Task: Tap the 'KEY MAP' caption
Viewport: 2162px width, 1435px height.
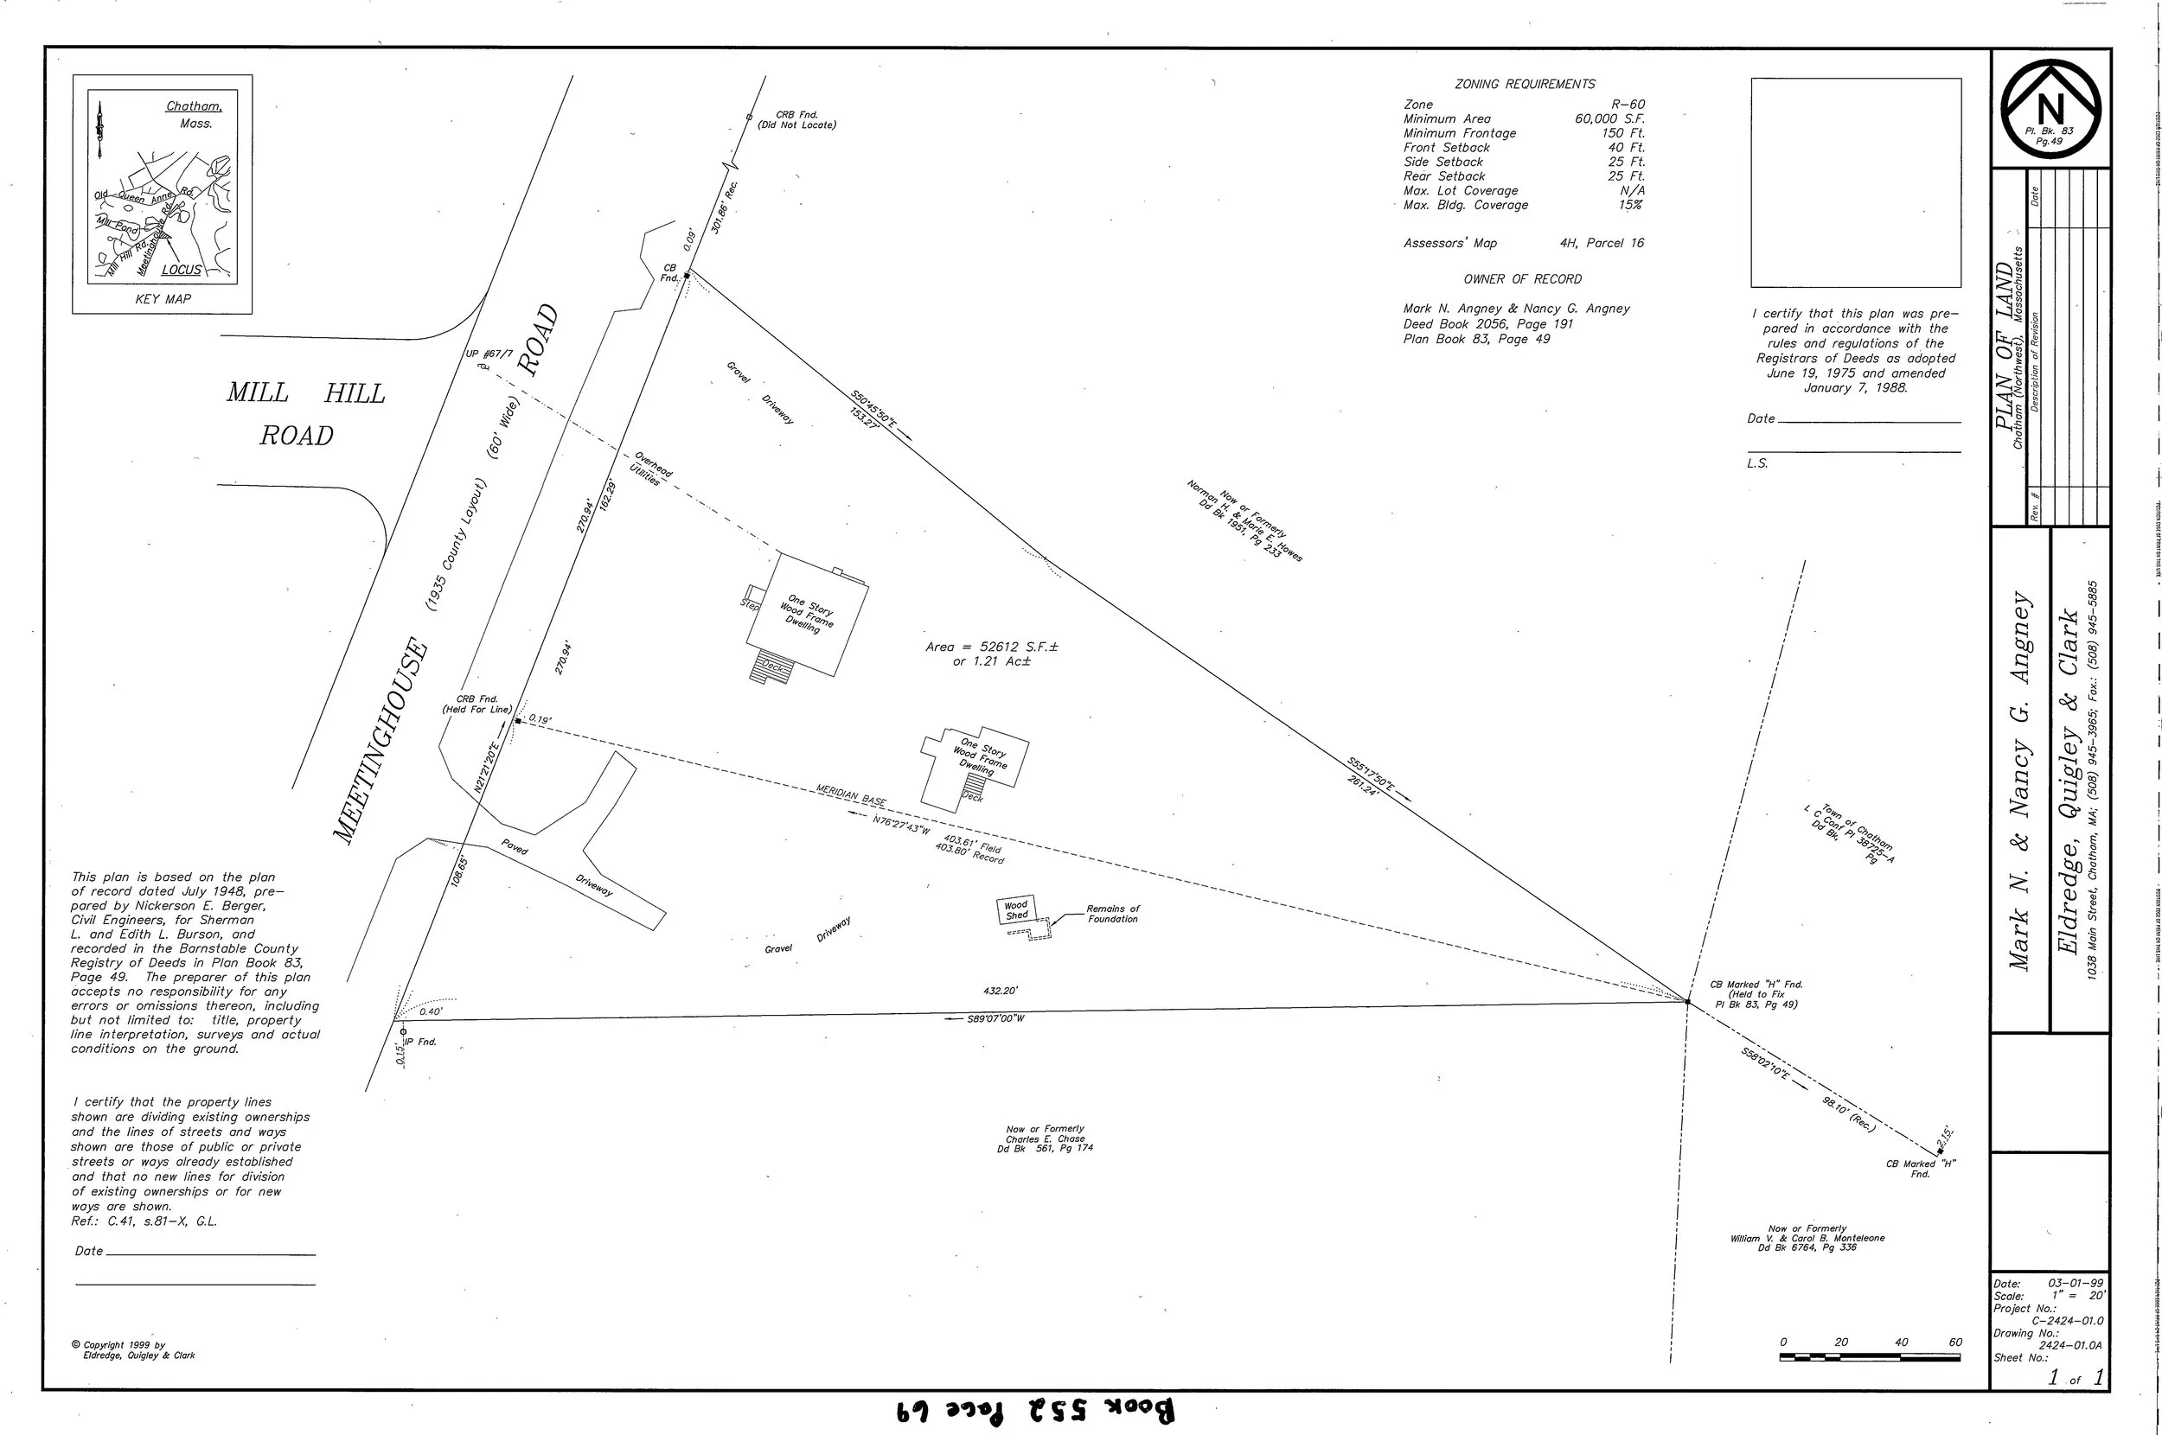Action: pos(162,299)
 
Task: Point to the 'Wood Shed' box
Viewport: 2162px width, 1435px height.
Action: pos(1016,909)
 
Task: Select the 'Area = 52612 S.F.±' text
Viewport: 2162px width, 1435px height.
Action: pos(991,647)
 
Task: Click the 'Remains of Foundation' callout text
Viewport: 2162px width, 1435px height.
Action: pos(1112,914)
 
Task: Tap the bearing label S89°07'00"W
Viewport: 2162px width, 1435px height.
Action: pos(995,1018)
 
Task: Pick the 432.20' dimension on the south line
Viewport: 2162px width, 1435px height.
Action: pos(1001,990)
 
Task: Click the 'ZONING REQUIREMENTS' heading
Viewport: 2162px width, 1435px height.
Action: pos(1524,84)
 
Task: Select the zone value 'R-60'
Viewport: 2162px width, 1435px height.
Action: pos(1628,105)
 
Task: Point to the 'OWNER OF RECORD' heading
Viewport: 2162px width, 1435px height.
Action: pos(1521,279)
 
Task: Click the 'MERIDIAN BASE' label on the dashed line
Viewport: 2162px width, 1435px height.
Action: pos(851,795)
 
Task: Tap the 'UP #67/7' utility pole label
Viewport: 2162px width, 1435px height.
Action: pos(489,354)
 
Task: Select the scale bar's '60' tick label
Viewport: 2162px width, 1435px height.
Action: pos(1955,1343)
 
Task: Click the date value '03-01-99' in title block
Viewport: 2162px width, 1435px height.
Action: pos(2075,1284)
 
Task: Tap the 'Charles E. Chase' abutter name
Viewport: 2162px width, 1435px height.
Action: pos(1045,1138)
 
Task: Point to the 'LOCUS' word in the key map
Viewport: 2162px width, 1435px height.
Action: pos(181,270)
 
